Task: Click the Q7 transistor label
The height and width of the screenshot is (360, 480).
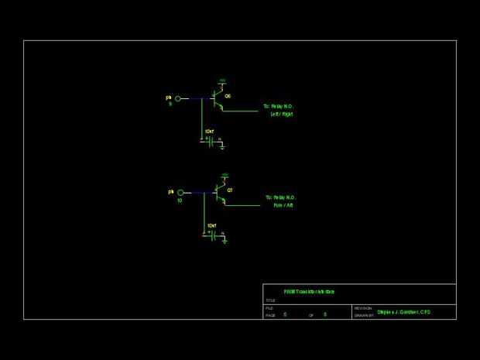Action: [x=230, y=189]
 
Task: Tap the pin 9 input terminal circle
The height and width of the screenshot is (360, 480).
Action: [x=177, y=98]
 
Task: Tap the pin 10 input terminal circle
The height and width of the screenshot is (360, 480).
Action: [x=180, y=192]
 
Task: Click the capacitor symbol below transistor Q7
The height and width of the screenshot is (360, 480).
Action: [x=212, y=235]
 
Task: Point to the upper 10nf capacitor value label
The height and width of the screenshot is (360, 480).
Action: [x=210, y=132]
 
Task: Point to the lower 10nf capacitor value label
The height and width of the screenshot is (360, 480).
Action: [x=212, y=226]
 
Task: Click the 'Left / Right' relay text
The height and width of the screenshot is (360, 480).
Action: [x=282, y=115]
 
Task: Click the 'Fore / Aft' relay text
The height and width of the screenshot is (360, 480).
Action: [x=283, y=206]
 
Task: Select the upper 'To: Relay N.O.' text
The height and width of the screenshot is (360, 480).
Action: [x=279, y=106]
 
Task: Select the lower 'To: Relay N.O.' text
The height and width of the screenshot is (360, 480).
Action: [x=280, y=197]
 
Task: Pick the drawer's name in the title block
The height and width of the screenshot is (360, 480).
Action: [x=403, y=312]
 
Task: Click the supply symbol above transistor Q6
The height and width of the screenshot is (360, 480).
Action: [x=222, y=81]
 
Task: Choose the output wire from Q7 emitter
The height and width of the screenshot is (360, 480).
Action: [x=243, y=205]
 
